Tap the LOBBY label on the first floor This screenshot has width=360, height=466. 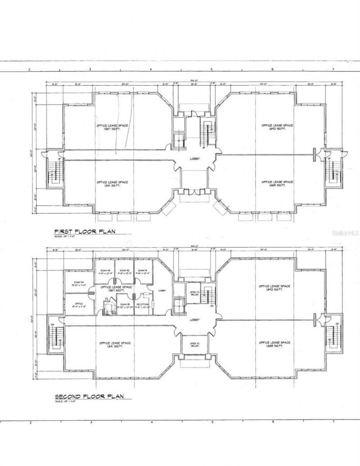[x=194, y=159]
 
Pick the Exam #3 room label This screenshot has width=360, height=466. [x=106, y=272]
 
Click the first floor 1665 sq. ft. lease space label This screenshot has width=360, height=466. [x=277, y=184]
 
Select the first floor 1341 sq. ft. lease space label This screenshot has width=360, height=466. [x=112, y=184]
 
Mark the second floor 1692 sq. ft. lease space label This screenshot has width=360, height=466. [x=274, y=287]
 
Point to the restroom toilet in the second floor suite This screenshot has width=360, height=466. [x=107, y=307]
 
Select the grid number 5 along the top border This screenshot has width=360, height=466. [x=211, y=70]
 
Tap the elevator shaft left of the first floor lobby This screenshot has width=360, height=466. [x=179, y=139]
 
